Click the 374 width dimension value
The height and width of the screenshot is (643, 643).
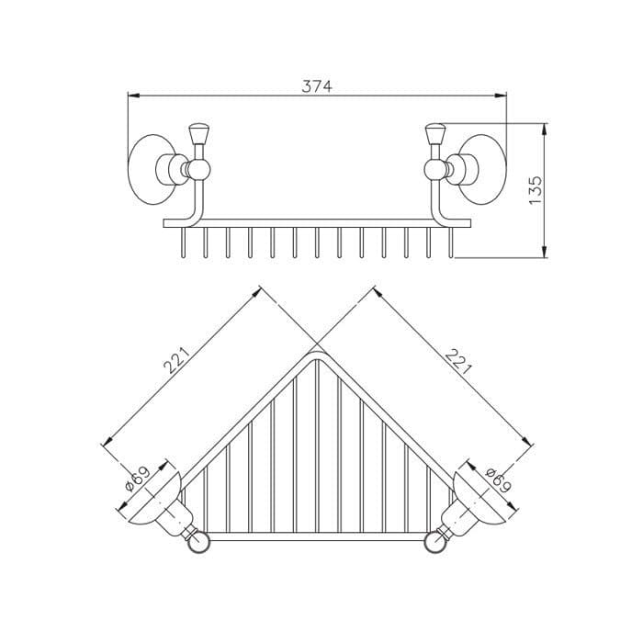pyautogui.click(x=317, y=86)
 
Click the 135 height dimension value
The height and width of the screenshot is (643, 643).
pyautogui.click(x=536, y=190)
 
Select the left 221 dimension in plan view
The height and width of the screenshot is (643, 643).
pyautogui.click(x=176, y=360)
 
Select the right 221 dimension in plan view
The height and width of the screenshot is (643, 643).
pyautogui.click(x=458, y=362)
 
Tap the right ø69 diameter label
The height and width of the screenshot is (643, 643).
pyautogui.click(x=498, y=479)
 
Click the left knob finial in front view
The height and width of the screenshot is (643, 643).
pyautogui.click(x=199, y=134)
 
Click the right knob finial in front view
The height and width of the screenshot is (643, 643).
pyautogui.click(x=435, y=134)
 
